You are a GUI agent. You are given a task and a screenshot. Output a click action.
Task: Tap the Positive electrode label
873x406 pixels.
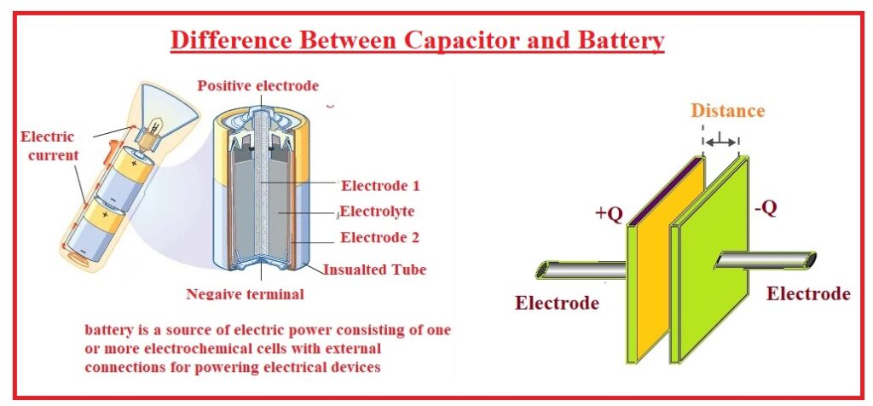click(x=257, y=86)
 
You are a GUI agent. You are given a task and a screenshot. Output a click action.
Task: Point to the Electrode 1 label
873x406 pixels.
click(x=379, y=185)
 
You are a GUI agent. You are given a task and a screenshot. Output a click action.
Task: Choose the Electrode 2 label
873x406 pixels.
click(x=379, y=238)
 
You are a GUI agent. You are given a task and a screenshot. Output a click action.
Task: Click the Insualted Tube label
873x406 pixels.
click(x=374, y=270)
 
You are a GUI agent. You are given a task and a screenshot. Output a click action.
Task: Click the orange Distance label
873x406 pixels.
click(x=727, y=111)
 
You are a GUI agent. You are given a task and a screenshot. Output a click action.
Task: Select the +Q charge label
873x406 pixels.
click(x=609, y=214)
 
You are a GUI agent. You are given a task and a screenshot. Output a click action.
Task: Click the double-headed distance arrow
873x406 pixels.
click(x=721, y=142)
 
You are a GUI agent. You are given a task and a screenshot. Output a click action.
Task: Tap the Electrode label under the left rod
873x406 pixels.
click(x=557, y=303)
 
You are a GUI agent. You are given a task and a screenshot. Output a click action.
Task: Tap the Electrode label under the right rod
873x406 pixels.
click(x=807, y=293)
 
